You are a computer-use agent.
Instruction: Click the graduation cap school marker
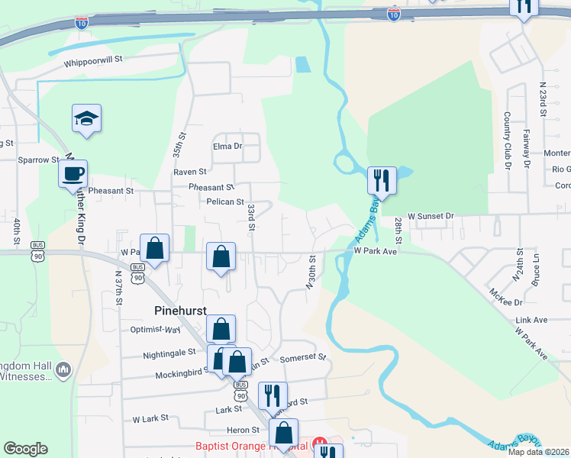87,118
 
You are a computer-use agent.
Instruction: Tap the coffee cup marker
73,174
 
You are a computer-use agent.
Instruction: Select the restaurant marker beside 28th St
382,181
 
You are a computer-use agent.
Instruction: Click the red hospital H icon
321,443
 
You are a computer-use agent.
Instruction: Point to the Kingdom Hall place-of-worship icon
64,370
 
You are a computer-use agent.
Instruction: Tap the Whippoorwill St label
93,65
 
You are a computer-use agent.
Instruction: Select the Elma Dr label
227,146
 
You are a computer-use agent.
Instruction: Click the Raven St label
190,173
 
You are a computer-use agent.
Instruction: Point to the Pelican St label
224,202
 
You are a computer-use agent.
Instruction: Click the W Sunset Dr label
431,216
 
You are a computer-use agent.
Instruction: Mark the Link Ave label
532,319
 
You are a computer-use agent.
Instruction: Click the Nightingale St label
170,354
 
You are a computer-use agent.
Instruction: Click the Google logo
25,449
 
